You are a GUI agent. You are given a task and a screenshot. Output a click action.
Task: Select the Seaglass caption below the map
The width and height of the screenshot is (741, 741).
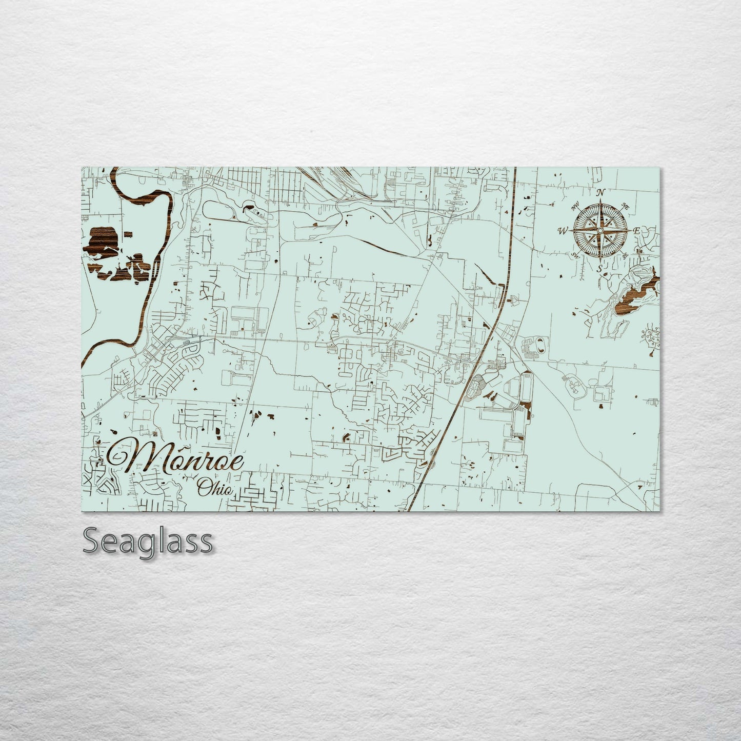(x=148, y=541)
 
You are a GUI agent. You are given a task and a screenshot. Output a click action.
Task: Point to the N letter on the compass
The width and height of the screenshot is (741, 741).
(x=602, y=193)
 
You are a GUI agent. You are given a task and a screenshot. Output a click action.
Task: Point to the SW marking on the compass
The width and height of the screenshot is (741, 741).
(x=574, y=254)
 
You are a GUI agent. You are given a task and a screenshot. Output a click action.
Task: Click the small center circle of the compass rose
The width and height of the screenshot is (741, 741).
(x=599, y=231)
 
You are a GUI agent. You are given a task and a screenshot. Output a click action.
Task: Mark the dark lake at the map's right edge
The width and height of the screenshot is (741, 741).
(x=638, y=295)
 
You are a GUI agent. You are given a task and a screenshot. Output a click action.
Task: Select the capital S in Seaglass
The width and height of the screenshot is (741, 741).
(x=91, y=541)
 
